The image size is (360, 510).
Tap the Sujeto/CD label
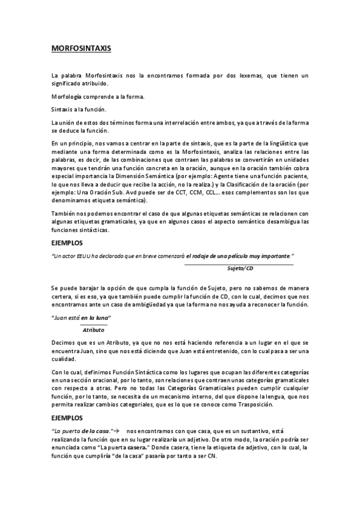point(241,268)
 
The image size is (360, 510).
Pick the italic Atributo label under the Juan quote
point(94,330)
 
